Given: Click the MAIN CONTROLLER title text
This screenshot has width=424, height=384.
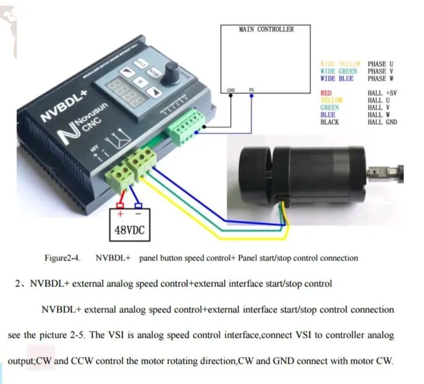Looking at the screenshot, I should [x=266, y=30].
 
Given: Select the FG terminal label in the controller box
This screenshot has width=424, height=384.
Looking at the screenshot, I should [x=251, y=90].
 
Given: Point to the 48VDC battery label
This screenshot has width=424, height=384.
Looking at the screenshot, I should [x=129, y=230].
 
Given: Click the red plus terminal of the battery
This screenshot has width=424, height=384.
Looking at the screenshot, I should [x=120, y=205].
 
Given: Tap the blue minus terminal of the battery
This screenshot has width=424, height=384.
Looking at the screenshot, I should [x=138, y=205].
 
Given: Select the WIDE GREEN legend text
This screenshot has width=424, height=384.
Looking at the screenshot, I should [x=338, y=71].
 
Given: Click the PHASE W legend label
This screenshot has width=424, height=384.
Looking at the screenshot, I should [x=380, y=79].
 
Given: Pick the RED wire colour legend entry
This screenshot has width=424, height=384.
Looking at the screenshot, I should [x=326, y=93].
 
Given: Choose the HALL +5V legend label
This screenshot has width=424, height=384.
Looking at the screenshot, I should [x=382, y=93].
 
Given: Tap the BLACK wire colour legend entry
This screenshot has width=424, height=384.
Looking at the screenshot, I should [x=329, y=122].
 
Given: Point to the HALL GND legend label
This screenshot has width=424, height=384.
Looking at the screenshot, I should [x=382, y=122].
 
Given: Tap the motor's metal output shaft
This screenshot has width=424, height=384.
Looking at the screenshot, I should [x=383, y=170].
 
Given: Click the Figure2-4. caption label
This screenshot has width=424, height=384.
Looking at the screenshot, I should [x=62, y=258].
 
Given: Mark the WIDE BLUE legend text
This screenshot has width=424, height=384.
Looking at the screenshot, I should [x=337, y=79].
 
